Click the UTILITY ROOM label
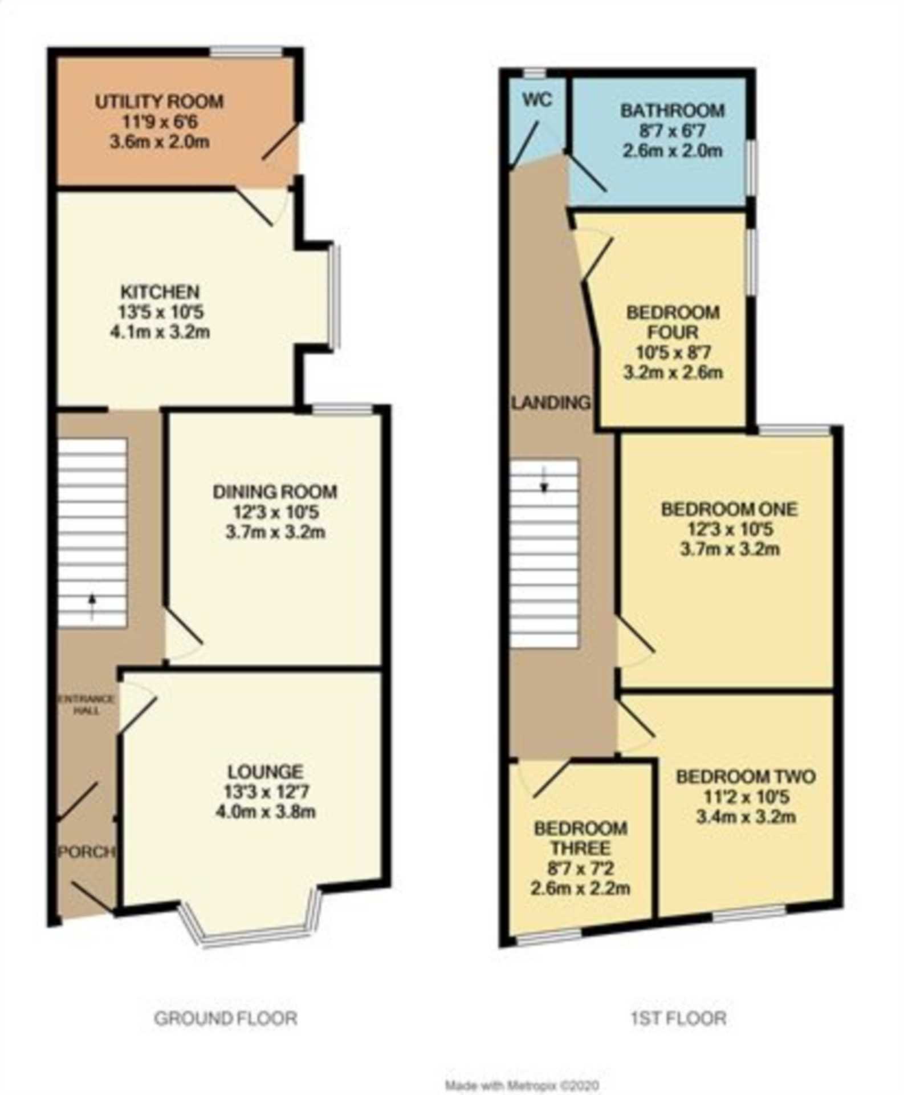[x=159, y=102]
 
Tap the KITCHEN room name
[x=160, y=292]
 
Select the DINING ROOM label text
[x=275, y=492]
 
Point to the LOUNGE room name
[x=265, y=772]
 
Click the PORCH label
[x=87, y=852]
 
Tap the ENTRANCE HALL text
[x=87, y=705]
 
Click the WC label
[x=537, y=100]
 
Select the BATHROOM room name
[x=673, y=110]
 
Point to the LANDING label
[x=551, y=403]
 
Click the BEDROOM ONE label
[x=730, y=509]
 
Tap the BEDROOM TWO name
[x=746, y=776]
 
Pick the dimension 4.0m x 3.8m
[x=265, y=812]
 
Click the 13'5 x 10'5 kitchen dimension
[x=160, y=312]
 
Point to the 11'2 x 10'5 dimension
[x=746, y=797]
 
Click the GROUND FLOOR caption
[x=226, y=1018]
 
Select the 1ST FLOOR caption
[x=678, y=1018]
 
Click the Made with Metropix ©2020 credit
[x=522, y=1085]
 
